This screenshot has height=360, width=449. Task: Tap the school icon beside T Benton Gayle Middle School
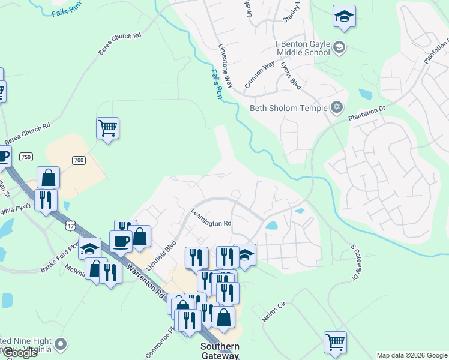[339, 47]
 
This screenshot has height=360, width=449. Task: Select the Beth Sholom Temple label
[289, 108]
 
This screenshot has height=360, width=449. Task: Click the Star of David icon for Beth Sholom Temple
[337, 107]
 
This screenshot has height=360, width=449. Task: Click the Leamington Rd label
[211, 217]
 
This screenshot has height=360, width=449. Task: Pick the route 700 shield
[79, 160]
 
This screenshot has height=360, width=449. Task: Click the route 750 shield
[25, 157]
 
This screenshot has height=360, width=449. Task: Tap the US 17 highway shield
[71, 226]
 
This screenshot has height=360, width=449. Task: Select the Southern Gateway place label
[220, 351]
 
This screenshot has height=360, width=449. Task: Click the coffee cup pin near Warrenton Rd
[121, 241]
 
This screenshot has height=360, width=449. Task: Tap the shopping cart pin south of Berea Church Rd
[107, 127]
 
